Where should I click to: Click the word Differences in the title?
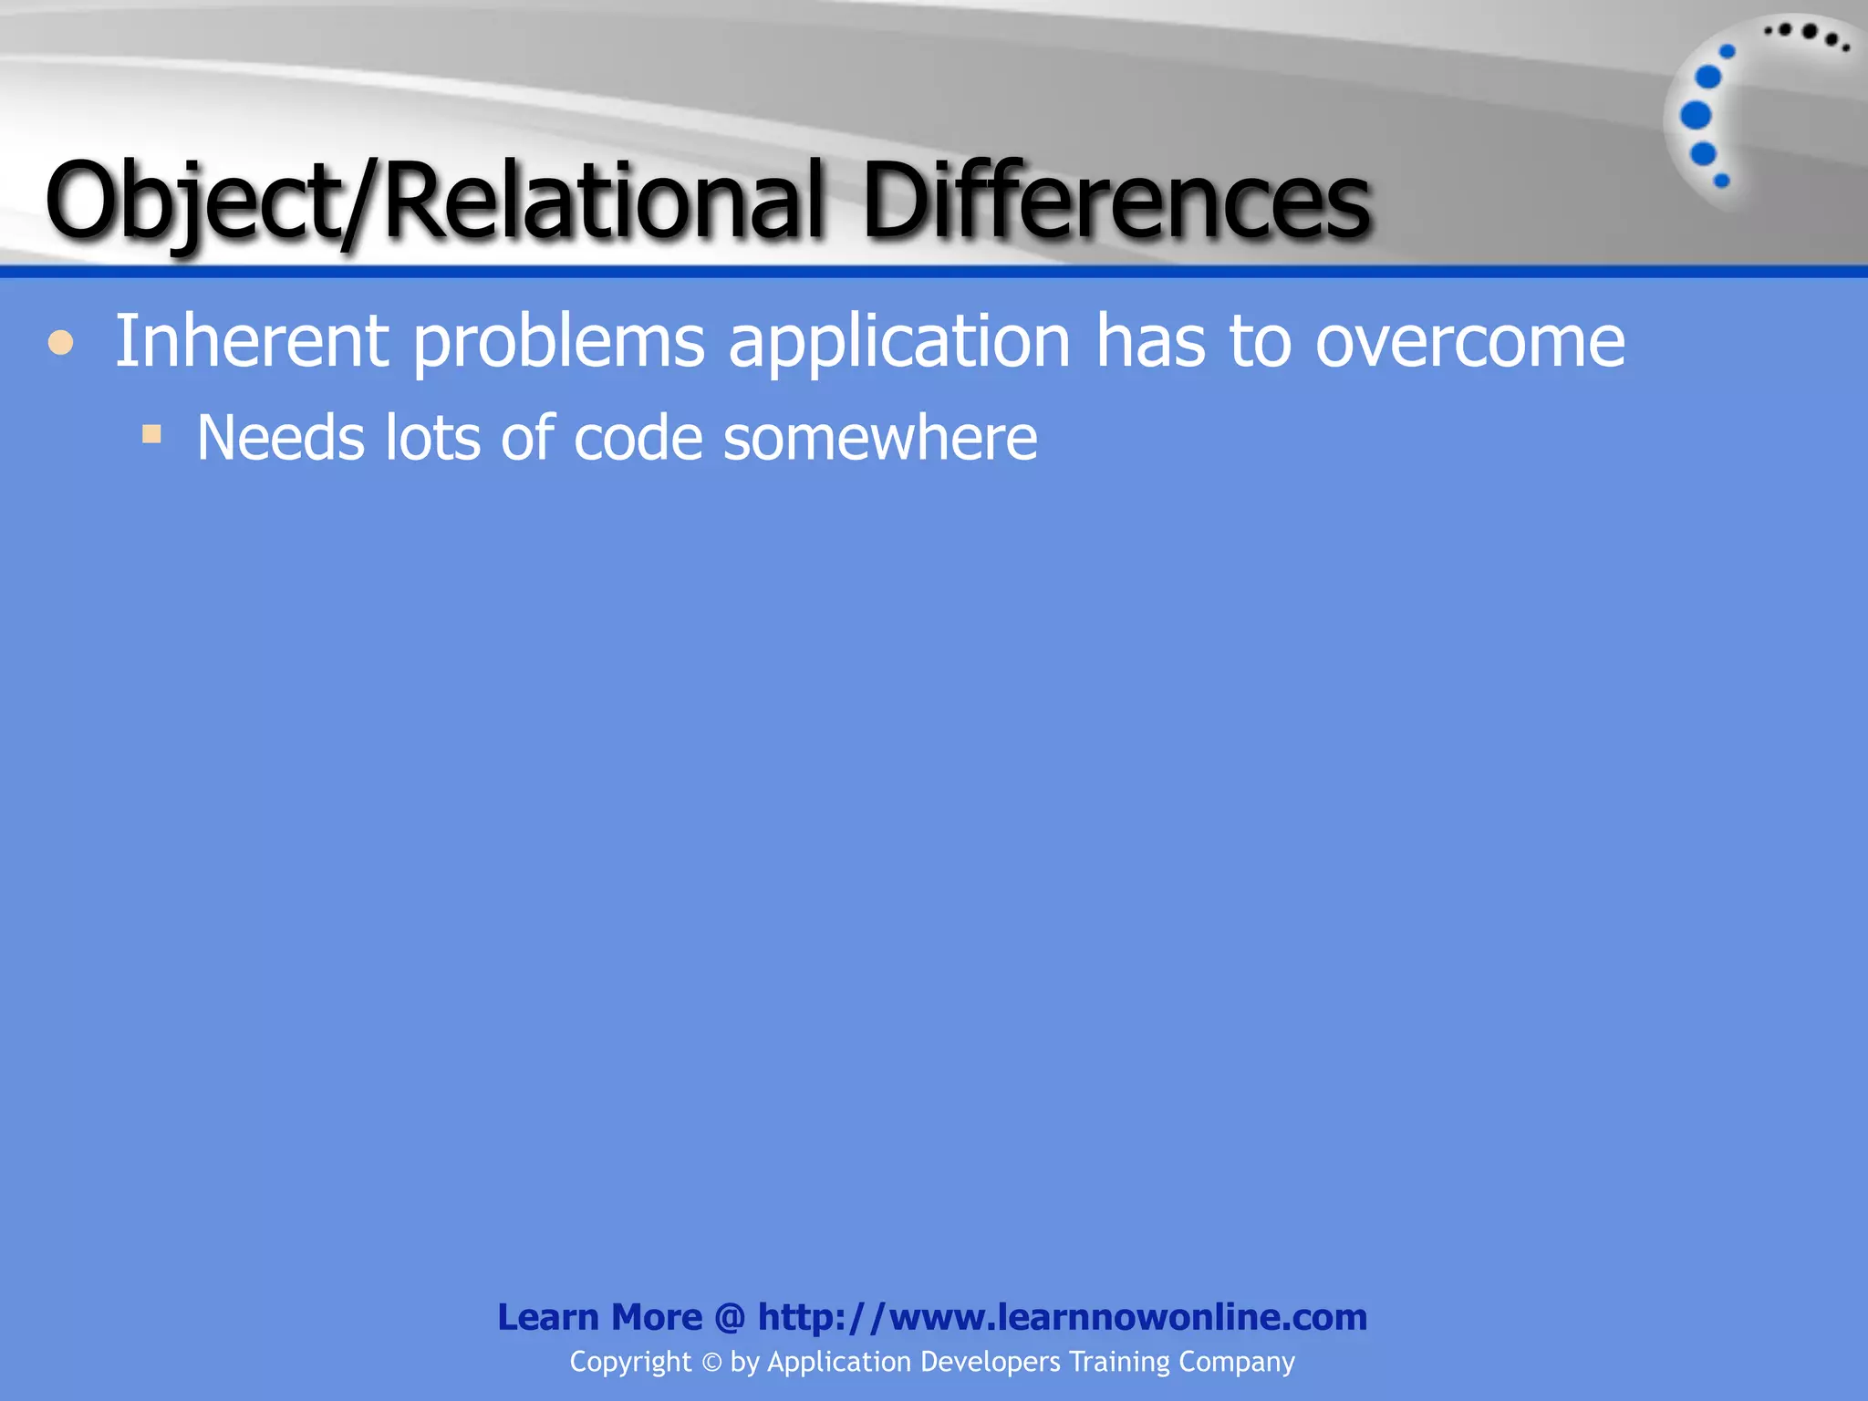point(1115,201)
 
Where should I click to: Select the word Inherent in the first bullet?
point(252,341)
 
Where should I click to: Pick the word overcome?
point(1469,343)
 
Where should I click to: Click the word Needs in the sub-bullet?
point(280,439)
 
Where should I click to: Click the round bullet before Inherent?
point(61,344)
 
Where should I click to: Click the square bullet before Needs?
point(151,434)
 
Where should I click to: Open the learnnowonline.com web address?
point(1062,1317)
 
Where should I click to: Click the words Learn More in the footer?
point(599,1317)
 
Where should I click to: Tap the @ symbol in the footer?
point(730,1318)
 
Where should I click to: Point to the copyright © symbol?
point(711,1363)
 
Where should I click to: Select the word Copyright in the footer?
point(630,1362)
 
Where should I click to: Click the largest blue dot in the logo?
point(1696,116)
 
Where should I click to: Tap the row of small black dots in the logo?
point(1807,35)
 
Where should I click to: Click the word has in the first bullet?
point(1150,341)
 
